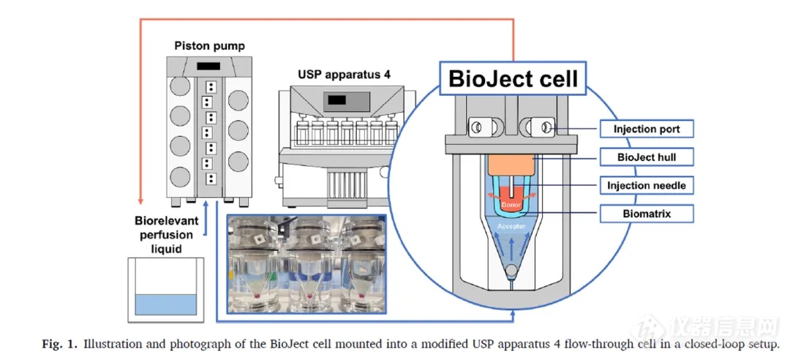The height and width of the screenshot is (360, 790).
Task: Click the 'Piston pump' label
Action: pyautogui.click(x=209, y=46)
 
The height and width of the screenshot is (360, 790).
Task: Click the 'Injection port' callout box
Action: pyautogui.click(x=647, y=130)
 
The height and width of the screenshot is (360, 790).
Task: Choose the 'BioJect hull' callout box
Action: pyautogui.click(x=647, y=157)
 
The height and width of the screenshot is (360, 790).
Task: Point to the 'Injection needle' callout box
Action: pyautogui.click(x=647, y=186)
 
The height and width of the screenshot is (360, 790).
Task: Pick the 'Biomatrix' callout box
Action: pyautogui.click(x=647, y=214)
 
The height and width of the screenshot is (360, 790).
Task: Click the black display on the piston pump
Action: pyautogui.click(x=208, y=67)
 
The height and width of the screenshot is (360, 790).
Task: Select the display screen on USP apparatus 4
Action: pyautogui.click(x=336, y=100)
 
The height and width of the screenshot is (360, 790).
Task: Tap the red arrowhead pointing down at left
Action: pyautogui.click(x=139, y=200)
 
